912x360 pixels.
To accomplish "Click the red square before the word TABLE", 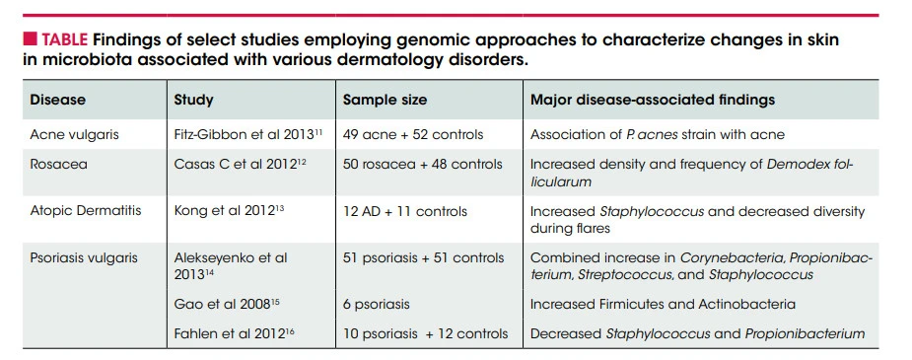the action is pos(30,39).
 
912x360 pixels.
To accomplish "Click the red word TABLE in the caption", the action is pos(64,40).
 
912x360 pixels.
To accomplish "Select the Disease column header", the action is pos(57,100).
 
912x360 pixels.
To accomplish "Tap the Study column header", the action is pos(193,100).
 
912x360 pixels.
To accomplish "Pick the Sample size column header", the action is pos(385,100).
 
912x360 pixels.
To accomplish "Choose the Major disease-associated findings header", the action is pos(653,100).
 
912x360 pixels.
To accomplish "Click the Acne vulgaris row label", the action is pos(74,134).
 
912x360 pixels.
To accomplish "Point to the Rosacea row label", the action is pos(59,164).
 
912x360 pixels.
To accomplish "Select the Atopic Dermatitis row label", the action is pos(86,210).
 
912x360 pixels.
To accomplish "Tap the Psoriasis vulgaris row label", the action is pos(84,257).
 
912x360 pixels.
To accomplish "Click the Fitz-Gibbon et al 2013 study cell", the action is pos(248,134).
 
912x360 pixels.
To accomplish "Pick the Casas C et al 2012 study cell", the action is pos(241,164).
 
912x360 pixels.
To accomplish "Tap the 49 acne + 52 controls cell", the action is pos(413,134).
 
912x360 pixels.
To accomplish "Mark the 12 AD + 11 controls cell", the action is pos(405,211).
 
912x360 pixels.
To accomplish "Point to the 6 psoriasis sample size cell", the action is pos(376,304).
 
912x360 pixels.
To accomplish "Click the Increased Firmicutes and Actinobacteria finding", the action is pos(663,304).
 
